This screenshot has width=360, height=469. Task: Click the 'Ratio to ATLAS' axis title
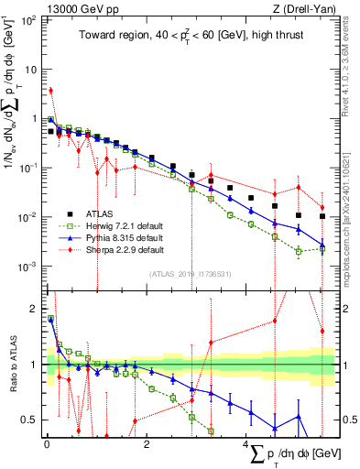[12, 365]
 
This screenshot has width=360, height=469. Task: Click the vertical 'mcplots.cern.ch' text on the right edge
[353, 183]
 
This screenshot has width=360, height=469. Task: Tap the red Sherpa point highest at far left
[50, 91]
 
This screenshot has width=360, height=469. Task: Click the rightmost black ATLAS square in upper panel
[322, 217]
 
